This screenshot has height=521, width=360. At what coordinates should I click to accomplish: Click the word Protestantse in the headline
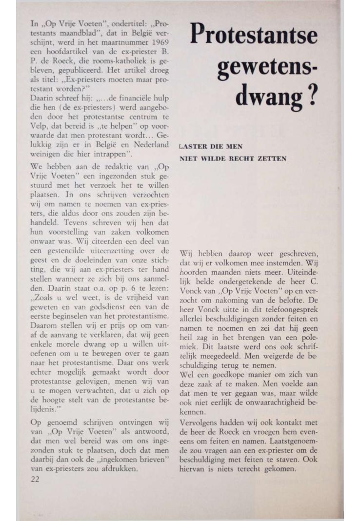click(254, 35)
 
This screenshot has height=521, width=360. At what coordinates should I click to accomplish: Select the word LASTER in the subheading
click(192, 146)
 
